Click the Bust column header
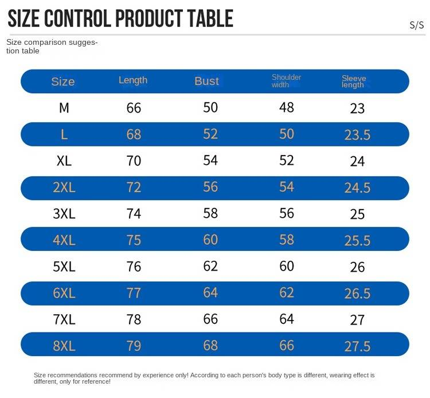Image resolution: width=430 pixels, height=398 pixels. tap(206, 81)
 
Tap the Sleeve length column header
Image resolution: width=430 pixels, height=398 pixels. tap(354, 82)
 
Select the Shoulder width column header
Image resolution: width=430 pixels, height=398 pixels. tap(286, 81)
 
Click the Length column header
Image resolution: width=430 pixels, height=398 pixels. tap(133, 80)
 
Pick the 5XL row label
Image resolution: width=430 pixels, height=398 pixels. tap(64, 266)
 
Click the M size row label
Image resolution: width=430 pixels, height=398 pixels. tap(64, 108)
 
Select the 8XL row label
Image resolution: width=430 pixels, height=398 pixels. tap(64, 346)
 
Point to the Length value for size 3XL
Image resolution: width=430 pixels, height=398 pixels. tap(134, 214)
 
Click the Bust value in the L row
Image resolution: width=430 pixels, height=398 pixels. tap(210, 134)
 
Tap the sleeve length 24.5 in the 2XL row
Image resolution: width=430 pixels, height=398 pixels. tap(357, 188)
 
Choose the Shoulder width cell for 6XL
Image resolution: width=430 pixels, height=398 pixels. tap(287, 293)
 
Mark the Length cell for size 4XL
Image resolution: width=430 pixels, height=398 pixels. tap(134, 240)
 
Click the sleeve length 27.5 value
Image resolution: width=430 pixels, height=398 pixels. tap(357, 346)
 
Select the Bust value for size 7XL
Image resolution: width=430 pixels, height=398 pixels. tap(210, 319)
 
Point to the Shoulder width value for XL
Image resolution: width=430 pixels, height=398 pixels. tap(287, 161)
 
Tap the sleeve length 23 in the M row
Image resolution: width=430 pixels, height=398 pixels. tap(357, 109)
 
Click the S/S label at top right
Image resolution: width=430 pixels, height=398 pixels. tap(417, 25)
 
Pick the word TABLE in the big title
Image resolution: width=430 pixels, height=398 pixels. tap(210, 18)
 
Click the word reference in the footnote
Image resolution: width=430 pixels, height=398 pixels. tap(93, 381)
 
